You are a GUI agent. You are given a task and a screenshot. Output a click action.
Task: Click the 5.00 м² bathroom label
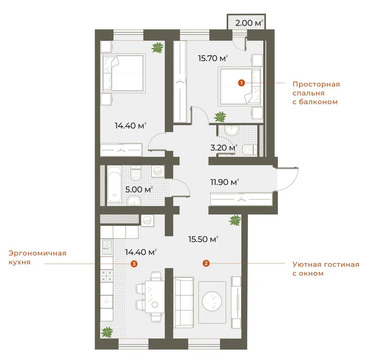pyautogui.click(x=139, y=187)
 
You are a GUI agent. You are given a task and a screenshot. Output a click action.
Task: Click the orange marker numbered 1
pyautogui.click(x=240, y=84)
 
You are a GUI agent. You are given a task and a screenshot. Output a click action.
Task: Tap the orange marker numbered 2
pyautogui.click(x=205, y=264)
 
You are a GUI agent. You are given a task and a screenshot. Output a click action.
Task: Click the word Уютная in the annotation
pyautogui.click(x=296, y=264)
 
